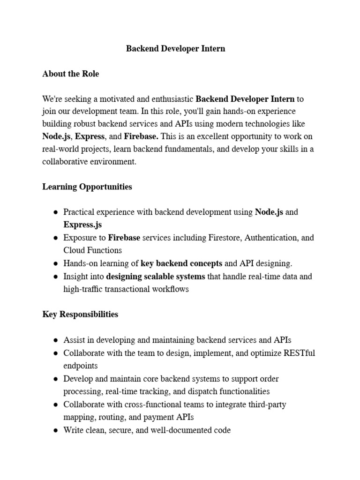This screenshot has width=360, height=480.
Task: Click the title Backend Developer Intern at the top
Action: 175,49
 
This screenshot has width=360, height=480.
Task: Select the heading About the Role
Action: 70,74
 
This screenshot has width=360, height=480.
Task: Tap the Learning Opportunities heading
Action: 87,187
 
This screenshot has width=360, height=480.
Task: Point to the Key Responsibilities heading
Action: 80,314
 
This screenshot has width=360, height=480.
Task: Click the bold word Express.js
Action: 82,225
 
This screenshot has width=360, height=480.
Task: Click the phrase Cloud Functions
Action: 92,250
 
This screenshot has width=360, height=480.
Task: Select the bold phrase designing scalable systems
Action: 156,277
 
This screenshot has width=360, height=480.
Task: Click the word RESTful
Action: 300,353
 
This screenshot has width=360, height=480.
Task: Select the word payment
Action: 156,417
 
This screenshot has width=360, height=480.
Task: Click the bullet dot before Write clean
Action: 56,430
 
